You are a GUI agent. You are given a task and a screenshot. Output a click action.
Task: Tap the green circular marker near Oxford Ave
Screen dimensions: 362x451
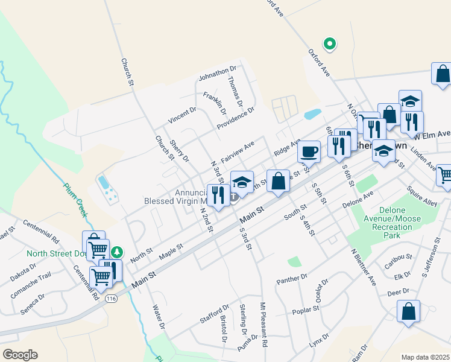329,43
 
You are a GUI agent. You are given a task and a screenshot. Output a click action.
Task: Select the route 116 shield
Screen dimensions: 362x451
110,298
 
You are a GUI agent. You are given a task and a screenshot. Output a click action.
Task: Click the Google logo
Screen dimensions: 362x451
20,355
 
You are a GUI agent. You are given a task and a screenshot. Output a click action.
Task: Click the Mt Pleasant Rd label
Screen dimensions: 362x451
263,324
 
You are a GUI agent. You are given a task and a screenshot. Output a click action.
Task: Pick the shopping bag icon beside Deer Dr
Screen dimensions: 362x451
409,313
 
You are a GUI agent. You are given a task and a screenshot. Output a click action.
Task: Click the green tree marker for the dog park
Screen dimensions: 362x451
119,251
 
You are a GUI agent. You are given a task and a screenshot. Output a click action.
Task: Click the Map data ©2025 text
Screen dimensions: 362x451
424,357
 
